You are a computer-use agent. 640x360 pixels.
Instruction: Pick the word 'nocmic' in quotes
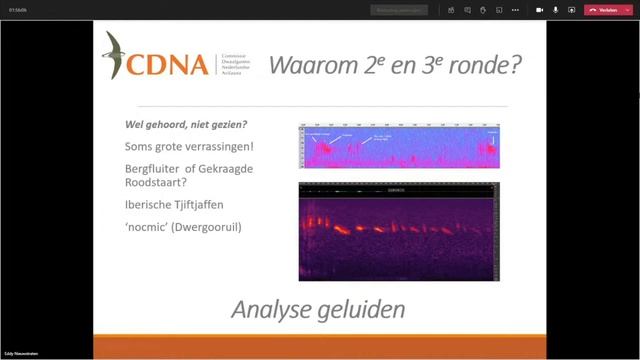[x=144, y=227]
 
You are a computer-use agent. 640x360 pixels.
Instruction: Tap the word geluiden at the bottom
[x=362, y=309]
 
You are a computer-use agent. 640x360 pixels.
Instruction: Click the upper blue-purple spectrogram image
[x=399, y=147]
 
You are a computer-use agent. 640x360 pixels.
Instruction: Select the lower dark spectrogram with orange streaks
[x=399, y=231]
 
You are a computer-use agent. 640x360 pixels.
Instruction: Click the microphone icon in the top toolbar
[x=555, y=10]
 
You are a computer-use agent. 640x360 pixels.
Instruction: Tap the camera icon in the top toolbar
[x=539, y=10]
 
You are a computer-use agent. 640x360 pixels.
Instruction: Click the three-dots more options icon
[x=516, y=10]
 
